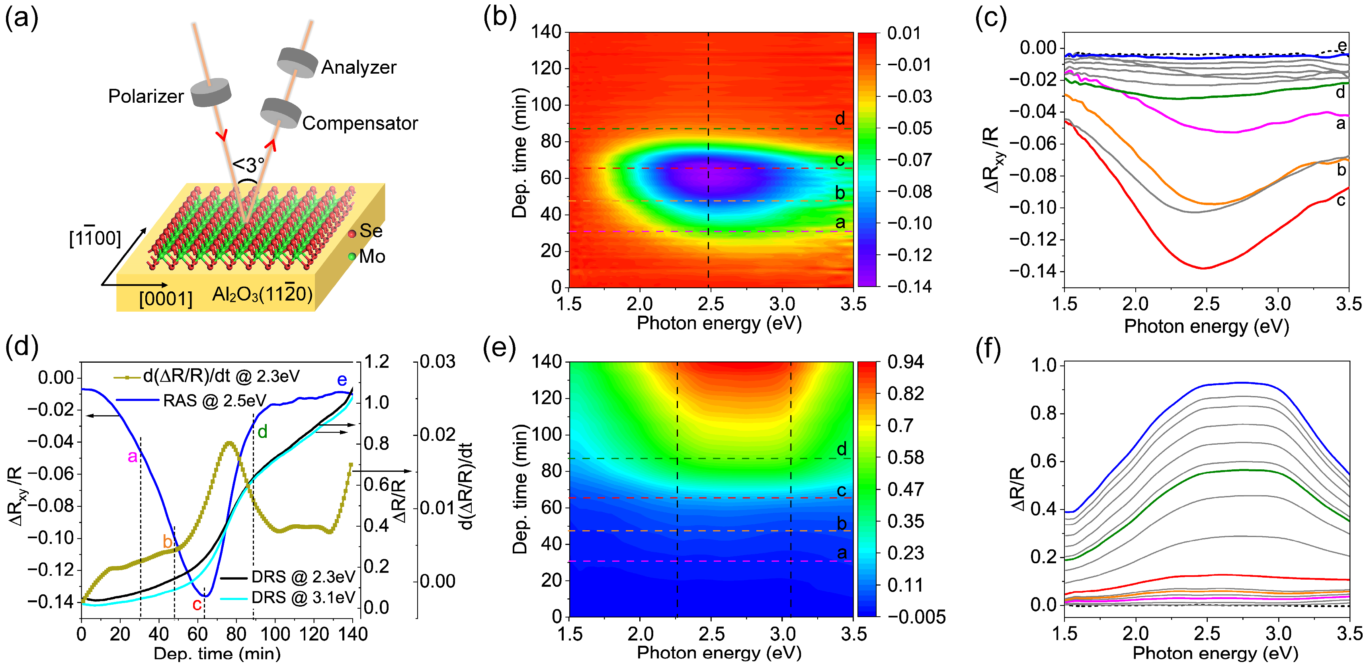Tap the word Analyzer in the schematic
(359, 67)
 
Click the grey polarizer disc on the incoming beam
(211, 93)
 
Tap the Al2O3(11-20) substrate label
(262, 293)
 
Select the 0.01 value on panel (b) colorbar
(904, 33)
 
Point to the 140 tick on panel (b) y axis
(546, 32)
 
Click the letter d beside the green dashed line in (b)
(840, 118)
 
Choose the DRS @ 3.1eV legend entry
(303, 598)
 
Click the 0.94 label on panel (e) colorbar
(905, 362)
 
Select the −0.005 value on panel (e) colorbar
(916, 617)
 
